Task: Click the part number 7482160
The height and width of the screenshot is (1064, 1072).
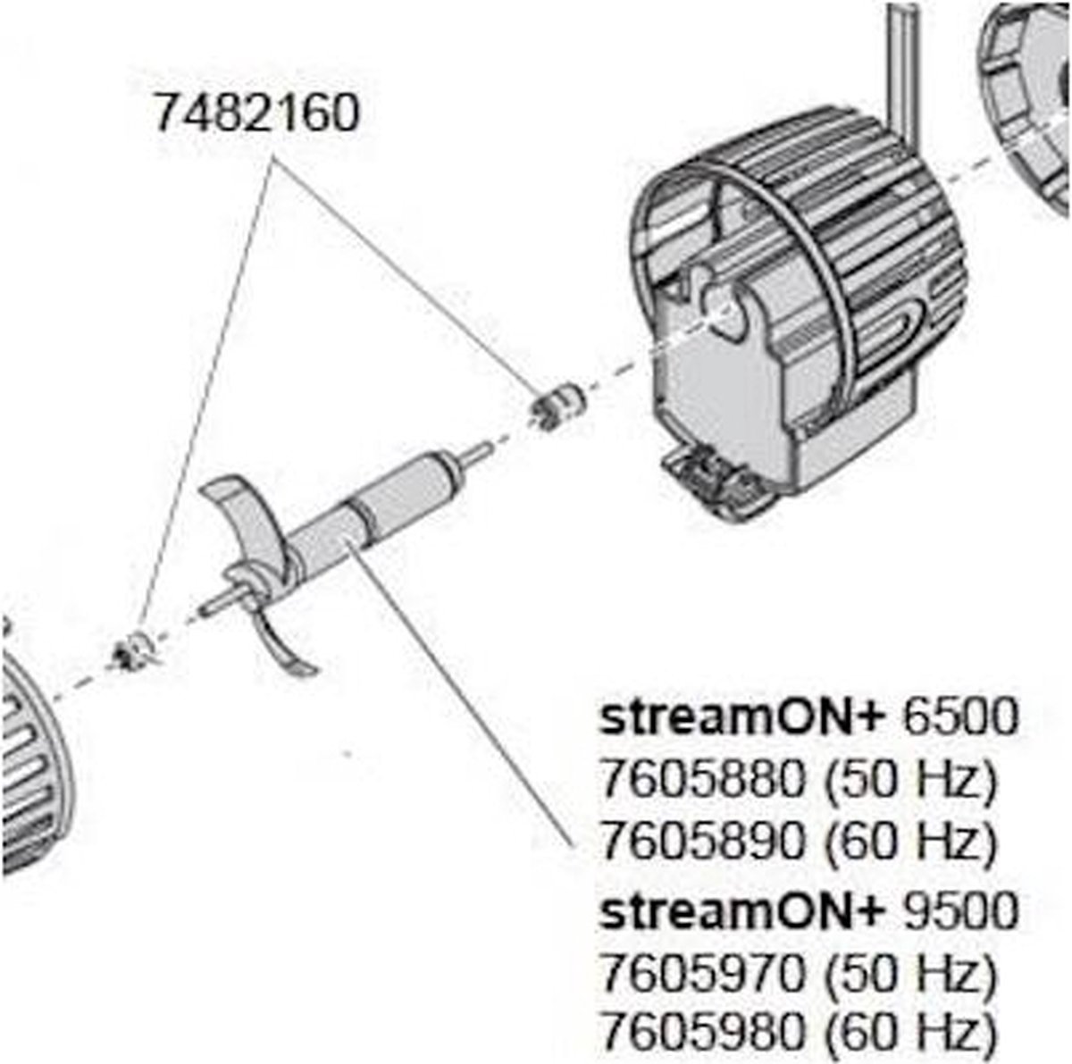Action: coord(256,114)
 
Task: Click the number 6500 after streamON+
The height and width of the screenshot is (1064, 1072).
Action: coord(960,718)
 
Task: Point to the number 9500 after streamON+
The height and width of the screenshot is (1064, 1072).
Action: coord(960,911)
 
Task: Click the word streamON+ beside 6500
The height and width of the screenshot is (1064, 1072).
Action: coord(742,718)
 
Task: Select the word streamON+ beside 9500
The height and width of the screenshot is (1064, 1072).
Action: coord(742,911)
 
